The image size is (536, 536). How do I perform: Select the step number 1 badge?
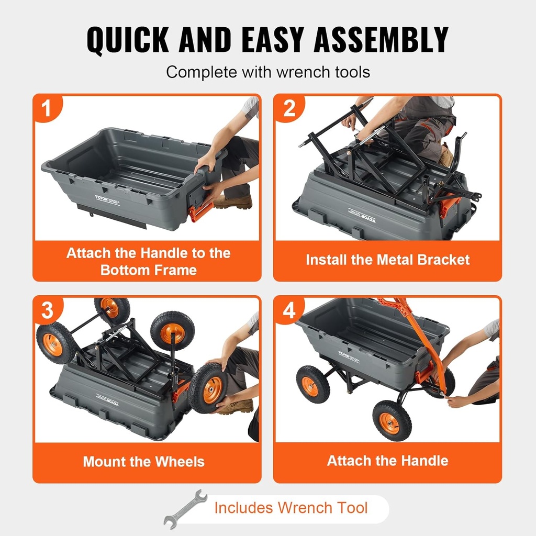tap(47, 108)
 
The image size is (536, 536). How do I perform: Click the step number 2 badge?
tap(289, 108)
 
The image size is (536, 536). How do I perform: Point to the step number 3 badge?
tap(47, 310)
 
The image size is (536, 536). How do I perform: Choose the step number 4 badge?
tap(289, 310)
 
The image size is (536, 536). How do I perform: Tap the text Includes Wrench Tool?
tap(291, 508)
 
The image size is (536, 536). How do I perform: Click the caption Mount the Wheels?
tap(143, 462)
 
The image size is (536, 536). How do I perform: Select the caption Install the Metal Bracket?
tap(387, 260)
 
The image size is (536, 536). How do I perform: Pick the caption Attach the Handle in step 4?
tap(387, 461)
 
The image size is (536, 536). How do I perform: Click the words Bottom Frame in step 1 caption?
tap(148, 270)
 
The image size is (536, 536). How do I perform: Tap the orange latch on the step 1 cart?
tap(201, 211)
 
